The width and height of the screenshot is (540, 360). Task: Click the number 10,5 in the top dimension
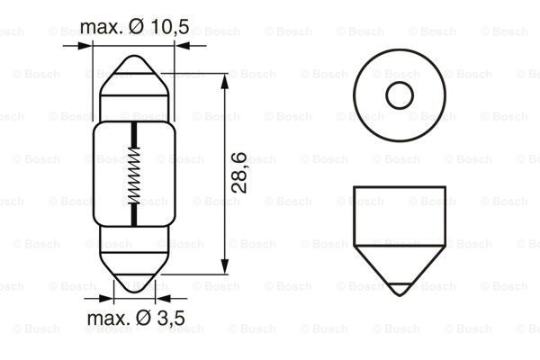click(169, 28)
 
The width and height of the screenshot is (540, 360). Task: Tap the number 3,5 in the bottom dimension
click(168, 318)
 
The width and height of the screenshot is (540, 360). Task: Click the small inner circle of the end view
click(396, 94)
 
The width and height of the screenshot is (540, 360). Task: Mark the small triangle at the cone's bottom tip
click(396, 290)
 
